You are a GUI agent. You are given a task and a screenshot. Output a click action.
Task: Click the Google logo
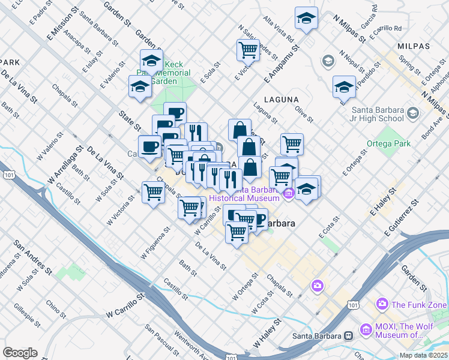pos(20,352)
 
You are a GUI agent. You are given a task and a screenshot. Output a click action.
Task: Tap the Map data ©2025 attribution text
pos(423,355)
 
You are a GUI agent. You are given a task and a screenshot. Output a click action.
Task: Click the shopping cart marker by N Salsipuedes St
pos(247,50)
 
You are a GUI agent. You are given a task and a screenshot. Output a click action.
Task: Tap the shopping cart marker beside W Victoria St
pos(153,192)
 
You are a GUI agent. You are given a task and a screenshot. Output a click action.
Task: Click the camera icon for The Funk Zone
pos(382,305)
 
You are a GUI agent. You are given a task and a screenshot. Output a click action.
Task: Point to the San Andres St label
pos(31,257)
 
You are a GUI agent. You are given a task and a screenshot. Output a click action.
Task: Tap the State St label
pos(129,121)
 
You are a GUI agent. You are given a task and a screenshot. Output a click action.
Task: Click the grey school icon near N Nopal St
pos(328,61)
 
